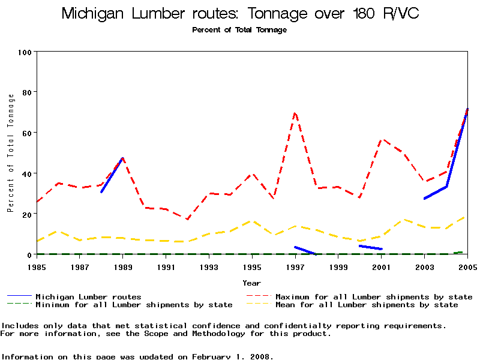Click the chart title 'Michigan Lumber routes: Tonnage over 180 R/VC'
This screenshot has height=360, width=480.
240,14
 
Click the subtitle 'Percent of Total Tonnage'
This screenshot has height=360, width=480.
239,30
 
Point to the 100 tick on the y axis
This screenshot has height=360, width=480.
24,52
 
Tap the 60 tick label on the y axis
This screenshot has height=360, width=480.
26,133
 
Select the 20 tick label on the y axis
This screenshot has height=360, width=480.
26,214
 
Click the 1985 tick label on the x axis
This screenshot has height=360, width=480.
37,266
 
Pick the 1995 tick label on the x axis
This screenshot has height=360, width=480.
252,266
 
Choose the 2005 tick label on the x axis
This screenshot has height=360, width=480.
467,266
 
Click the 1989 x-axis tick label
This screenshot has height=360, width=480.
123,266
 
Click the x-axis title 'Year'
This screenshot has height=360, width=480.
252,283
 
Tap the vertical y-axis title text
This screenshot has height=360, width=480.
10,153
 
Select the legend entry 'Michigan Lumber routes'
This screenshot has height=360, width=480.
88,296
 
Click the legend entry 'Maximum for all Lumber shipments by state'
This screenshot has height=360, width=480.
374,296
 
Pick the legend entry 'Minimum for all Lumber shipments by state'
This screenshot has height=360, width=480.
134,305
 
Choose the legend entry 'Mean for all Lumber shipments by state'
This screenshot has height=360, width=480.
367,305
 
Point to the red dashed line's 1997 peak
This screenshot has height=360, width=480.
295,113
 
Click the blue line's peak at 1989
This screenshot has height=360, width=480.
123,158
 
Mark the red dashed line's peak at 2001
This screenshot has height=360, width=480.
382,139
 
